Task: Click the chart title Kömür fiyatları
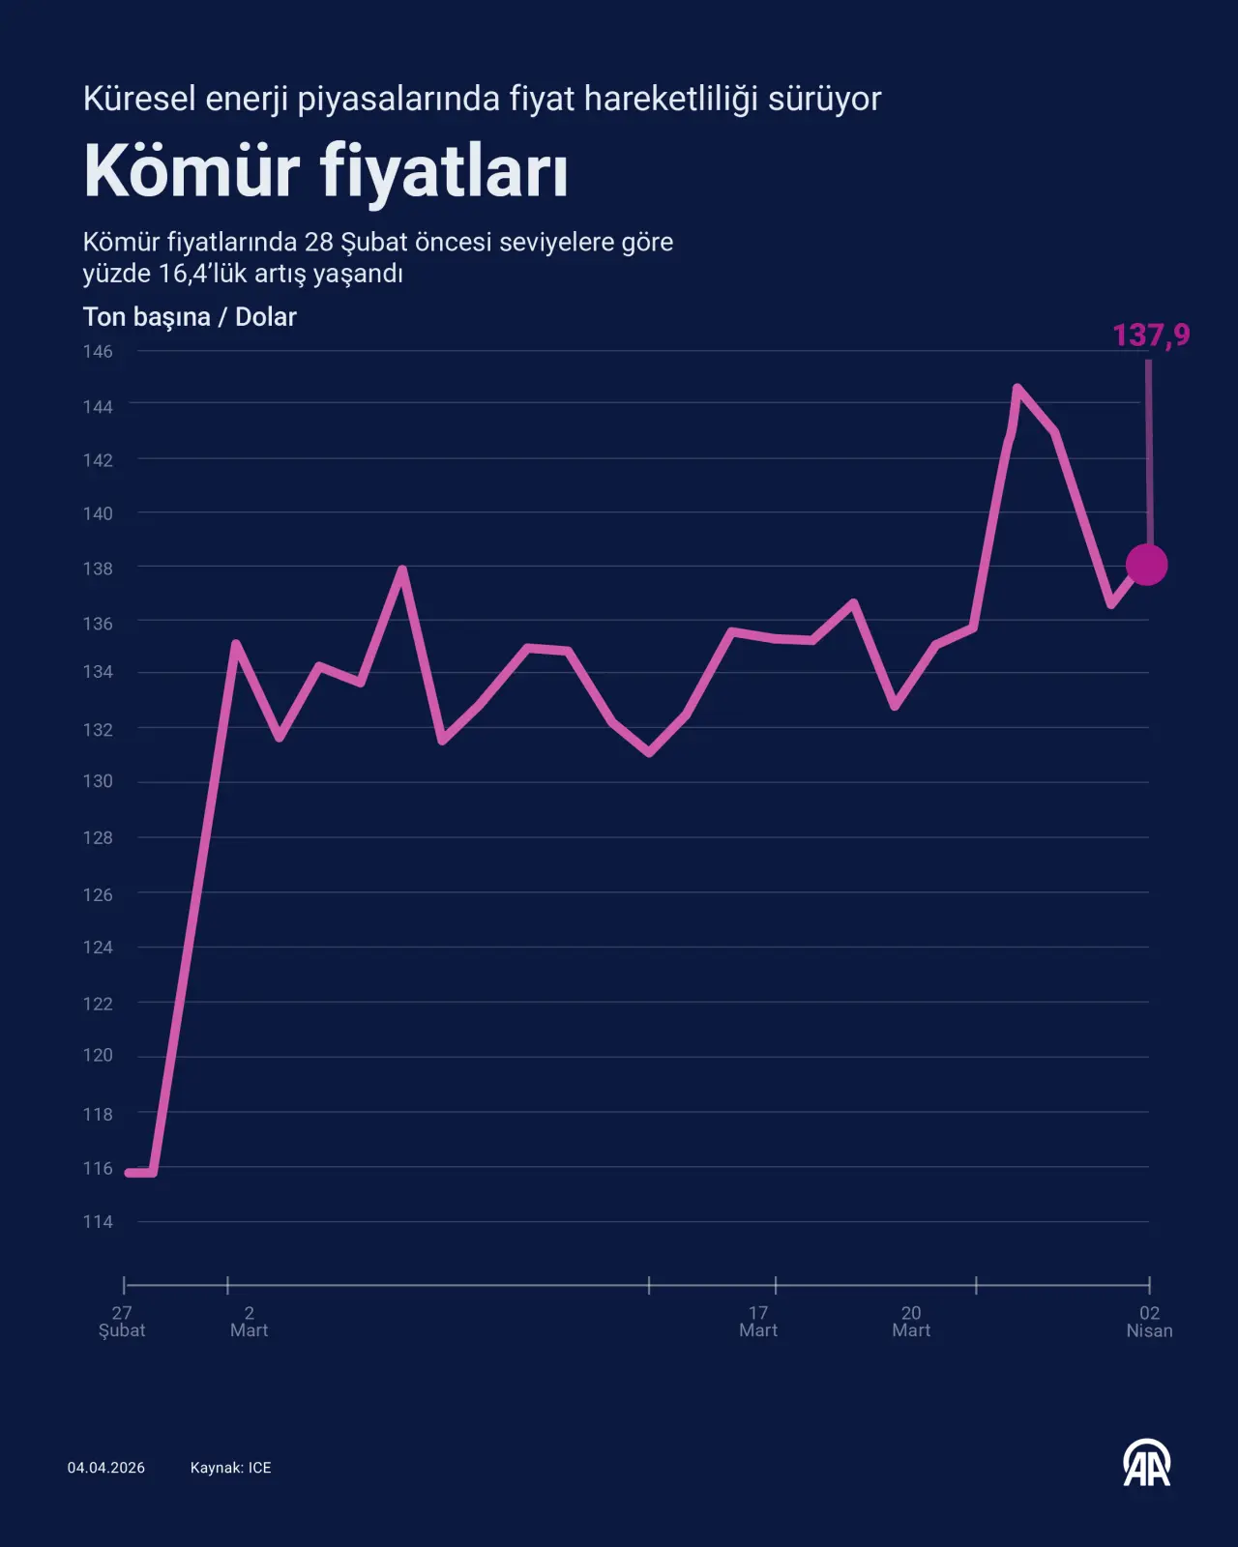click(326, 172)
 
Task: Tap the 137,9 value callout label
click(1151, 336)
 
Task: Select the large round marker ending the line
click(1147, 565)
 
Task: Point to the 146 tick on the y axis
click(98, 351)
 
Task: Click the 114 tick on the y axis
click(98, 1222)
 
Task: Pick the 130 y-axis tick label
click(98, 781)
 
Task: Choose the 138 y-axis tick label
click(98, 569)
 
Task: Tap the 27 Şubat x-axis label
click(122, 1322)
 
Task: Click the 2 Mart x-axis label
click(249, 1322)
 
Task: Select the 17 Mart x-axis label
click(758, 1322)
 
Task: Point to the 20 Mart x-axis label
click(911, 1322)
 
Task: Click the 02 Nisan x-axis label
click(1149, 1322)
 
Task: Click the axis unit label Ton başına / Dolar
click(190, 317)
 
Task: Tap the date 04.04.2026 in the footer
click(106, 1468)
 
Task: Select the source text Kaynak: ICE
click(230, 1468)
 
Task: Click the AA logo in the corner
click(1147, 1464)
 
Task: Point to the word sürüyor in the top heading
click(824, 99)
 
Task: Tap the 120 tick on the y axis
click(98, 1055)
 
